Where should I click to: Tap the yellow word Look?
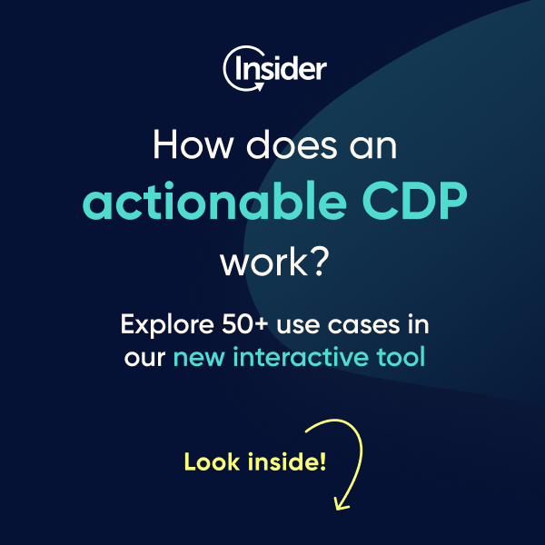[x=211, y=461]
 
